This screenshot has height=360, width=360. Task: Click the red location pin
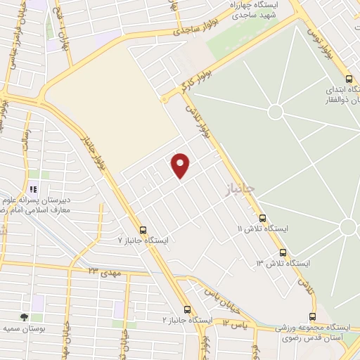point(181,165)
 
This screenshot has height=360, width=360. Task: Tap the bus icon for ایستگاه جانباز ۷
point(143,230)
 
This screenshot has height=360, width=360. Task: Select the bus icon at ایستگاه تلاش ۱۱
point(262,219)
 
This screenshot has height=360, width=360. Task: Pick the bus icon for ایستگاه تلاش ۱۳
point(283,252)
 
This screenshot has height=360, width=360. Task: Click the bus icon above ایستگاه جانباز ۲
point(187,309)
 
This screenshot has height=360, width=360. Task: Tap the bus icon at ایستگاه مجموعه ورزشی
point(312,317)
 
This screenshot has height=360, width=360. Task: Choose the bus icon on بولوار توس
point(349,79)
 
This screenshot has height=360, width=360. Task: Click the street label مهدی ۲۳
point(102,269)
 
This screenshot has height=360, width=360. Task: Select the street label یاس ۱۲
point(236,323)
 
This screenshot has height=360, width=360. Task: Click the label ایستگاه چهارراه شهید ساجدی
point(257,9)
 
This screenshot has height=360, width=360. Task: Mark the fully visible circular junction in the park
point(275,111)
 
